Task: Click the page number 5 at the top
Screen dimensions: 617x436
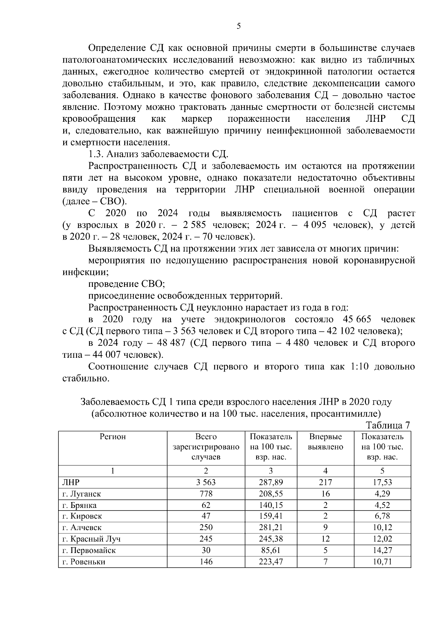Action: pos(238,26)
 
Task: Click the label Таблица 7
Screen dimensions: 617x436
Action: pos(388,425)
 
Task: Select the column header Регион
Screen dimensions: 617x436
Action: pos(113,437)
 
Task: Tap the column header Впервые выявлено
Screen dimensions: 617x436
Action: pos(325,442)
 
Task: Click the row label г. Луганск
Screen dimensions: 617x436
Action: pos(81,494)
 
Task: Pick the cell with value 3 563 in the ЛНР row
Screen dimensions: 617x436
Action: pos(206,482)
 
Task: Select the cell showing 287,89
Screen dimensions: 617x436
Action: pos(271,482)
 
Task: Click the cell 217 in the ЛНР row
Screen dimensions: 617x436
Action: pos(325,482)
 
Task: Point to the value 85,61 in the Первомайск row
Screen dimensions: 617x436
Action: pos(271,550)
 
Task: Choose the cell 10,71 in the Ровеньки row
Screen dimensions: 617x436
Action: pos(382,562)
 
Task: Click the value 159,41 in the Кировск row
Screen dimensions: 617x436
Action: pos(271,516)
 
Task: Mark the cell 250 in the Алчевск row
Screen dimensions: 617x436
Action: pos(206,528)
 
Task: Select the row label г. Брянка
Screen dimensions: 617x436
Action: pos(79,505)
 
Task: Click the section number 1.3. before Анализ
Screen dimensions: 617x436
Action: pos(97,154)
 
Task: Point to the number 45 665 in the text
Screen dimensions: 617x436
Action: pos(357,320)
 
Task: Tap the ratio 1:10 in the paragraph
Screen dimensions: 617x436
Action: pos(360,366)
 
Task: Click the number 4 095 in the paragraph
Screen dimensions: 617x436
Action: pos(315,225)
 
